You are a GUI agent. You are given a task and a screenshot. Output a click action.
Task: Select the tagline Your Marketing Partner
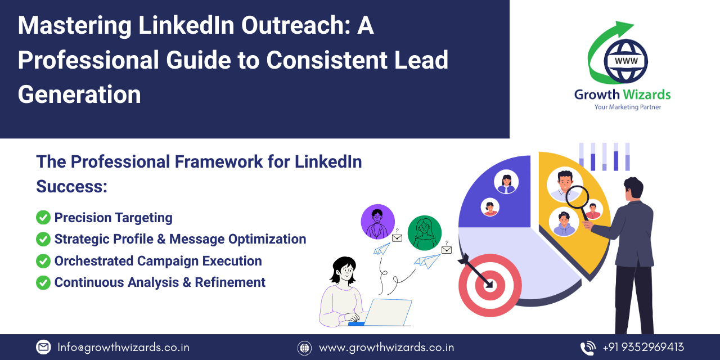click(x=627, y=107)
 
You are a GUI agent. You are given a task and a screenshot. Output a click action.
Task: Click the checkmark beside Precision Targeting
click(x=43, y=218)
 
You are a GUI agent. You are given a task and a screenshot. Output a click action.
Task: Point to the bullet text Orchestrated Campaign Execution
click(x=158, y=261)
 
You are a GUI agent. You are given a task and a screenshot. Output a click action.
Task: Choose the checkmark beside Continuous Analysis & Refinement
click(x=43, y=282)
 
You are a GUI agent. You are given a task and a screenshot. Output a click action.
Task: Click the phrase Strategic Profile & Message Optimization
click(x=180, y=239)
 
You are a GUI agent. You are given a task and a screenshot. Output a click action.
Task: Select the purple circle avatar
click(x=377, y=222)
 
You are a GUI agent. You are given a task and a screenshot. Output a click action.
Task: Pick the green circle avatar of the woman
click(x=425, y=232)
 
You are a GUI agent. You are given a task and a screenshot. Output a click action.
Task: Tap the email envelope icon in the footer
click(x=43, y=347)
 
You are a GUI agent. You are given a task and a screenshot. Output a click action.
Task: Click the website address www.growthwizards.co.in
click(x=386, y=347)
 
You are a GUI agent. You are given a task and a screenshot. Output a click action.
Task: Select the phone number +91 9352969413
click(x=643, y=347)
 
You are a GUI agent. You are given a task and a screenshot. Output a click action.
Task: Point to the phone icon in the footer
click(x=588, y=347)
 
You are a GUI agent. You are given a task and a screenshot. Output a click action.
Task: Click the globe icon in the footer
click(x=304, y=348)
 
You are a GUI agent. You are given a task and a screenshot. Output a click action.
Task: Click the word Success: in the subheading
click(x=71, y=186)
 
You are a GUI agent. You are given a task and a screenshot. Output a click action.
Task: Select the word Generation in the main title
click(x=79, y=94)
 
